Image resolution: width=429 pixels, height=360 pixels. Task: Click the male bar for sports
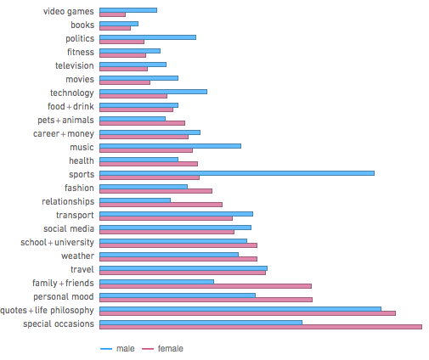click(237, 172)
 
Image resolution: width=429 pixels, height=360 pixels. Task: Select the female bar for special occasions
click(261, 327)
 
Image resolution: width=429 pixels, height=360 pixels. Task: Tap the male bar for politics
click(148, 37)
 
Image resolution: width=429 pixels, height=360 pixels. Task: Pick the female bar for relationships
click(161, 205)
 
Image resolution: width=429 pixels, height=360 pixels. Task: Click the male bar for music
click(170, 145)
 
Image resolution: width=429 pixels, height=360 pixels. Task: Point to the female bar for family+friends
click(206, 286)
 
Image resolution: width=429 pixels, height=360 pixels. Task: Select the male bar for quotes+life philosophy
click(240, 308)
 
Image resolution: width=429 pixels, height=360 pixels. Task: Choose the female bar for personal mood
click(206, 300)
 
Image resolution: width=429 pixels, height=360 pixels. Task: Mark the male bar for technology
click(153, 91)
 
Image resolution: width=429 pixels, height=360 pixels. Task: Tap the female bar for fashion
click(156, 191)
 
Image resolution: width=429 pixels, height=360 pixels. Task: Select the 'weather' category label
click(77, 256)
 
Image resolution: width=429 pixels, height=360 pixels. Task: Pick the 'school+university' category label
click(58, 242)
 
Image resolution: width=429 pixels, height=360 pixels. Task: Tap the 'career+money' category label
click(64, 133)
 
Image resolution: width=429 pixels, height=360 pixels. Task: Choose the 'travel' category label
click(82, 269)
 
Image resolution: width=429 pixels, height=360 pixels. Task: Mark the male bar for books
click(119, 23)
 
